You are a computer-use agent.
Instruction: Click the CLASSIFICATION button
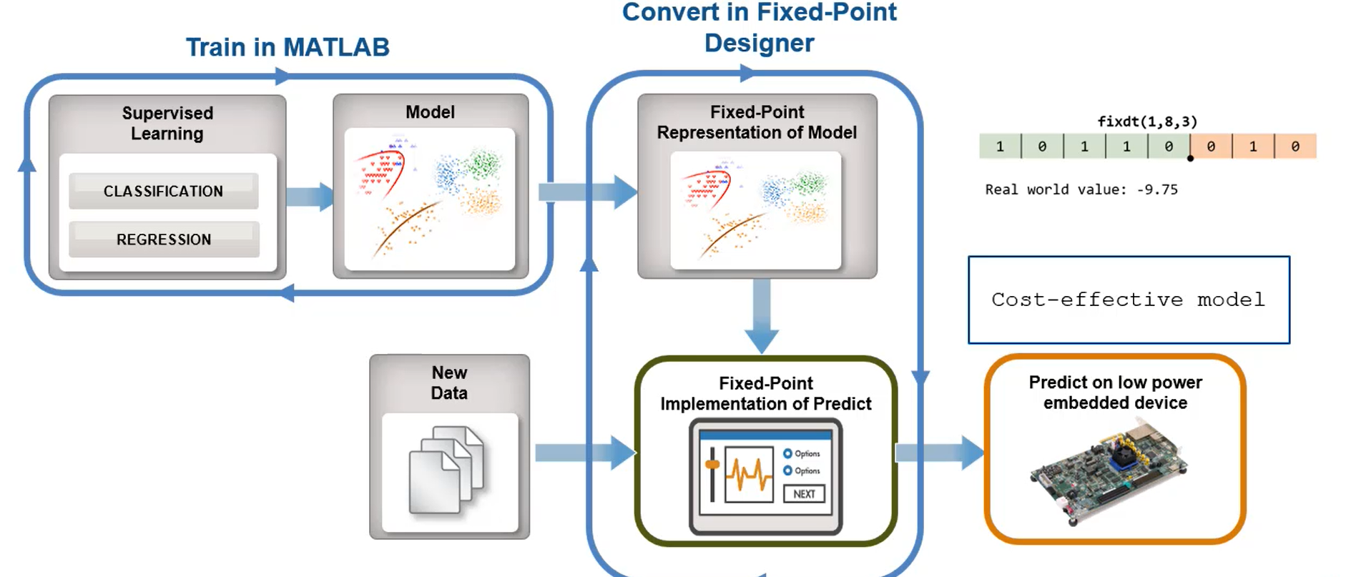(163, 191)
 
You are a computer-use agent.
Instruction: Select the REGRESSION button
(163, 240)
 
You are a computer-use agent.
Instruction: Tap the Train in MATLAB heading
(288, 47)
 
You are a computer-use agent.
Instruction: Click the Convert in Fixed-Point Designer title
(759, 27)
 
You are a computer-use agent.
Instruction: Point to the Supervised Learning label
(167, 123)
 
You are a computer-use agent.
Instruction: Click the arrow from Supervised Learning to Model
(310, 197)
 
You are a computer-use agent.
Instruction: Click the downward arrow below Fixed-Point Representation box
(762, 315)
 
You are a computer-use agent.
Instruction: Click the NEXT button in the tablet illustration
(804, 494)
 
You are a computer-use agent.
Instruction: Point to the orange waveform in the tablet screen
(749, 474)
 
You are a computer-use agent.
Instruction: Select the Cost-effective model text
(1128, 300)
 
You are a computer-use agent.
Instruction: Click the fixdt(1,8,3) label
(1147, 122)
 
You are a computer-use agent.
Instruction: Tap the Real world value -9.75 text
(1081, 189)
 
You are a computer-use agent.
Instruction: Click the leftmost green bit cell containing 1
(1000, 147)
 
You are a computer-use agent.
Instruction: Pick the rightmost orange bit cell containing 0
(1295, 147)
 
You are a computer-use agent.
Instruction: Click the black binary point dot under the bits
(1190, 159)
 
